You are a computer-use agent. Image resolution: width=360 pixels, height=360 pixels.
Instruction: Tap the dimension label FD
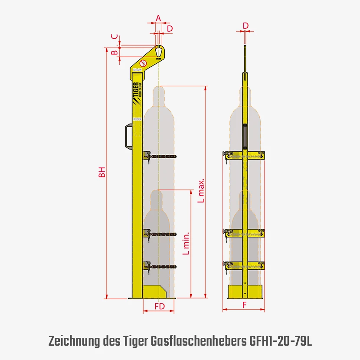160,306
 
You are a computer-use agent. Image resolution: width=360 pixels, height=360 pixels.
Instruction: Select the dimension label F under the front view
244,305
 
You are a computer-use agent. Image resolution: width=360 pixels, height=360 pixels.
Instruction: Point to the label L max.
201,190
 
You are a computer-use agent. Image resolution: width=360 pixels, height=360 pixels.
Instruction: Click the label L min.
186,243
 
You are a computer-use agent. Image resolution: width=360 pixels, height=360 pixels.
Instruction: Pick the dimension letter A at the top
158,18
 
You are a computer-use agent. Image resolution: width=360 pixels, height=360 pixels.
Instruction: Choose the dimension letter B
115,52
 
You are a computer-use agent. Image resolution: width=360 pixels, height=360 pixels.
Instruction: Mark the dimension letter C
115,36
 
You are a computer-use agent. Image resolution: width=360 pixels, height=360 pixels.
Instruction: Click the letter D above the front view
245,26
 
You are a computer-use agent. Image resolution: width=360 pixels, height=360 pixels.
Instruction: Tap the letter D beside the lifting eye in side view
170,29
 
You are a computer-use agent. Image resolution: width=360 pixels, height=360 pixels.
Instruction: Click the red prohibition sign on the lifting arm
143,63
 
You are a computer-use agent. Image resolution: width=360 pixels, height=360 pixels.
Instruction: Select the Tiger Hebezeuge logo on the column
137,93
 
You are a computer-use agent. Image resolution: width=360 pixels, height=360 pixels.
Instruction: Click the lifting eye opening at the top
158,51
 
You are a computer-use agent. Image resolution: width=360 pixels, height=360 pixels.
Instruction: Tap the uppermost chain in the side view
163,157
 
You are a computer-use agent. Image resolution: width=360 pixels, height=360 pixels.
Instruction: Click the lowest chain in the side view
163,267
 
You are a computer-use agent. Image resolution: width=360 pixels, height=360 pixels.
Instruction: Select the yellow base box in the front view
245,292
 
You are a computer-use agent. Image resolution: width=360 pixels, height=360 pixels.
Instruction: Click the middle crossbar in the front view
245,233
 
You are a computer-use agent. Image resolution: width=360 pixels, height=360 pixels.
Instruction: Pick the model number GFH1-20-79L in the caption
281,341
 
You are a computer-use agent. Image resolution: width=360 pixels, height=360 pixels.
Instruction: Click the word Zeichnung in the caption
74,342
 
